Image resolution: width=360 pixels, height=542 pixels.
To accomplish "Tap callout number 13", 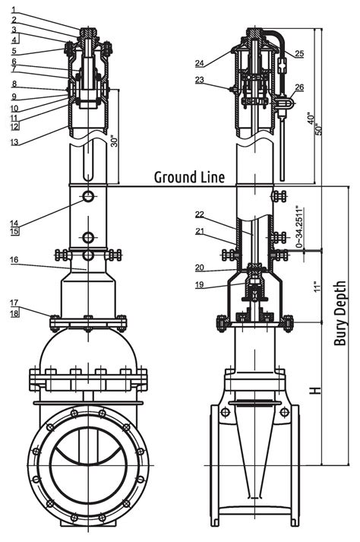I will (x=14, y=141).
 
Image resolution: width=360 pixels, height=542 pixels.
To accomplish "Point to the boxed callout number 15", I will (x=14, y=233).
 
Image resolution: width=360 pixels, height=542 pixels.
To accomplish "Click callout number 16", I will (x=14, y=259).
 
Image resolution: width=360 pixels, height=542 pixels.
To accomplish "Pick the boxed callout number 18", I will (x=14, y=313).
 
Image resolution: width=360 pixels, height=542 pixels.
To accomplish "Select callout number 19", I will (x=199, y=285).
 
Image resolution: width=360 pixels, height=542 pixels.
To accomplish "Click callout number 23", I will (x=199, y=80).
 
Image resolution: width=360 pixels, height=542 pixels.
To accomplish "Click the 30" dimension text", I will (x=114, y=142).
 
